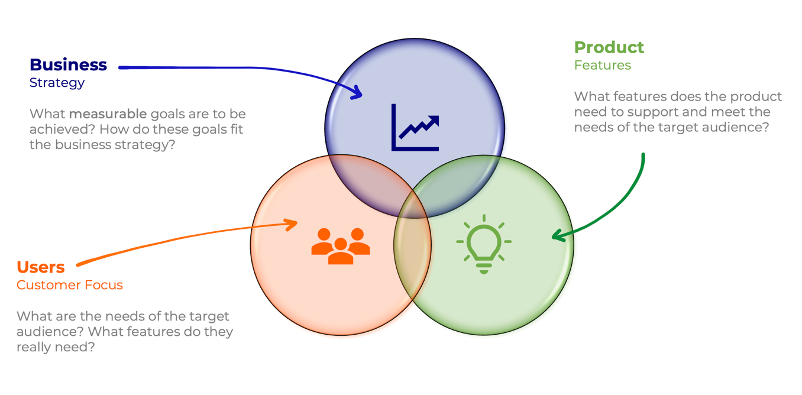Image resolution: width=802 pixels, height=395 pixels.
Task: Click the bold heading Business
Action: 69,65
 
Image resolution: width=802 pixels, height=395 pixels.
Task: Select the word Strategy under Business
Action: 57,83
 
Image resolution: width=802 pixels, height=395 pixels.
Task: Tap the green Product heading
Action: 609,47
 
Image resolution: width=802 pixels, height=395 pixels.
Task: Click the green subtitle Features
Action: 603,65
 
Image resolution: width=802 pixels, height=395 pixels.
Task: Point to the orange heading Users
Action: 40,267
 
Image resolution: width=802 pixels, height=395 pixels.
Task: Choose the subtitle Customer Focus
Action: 70,285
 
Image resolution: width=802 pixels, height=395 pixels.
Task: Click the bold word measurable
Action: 108,114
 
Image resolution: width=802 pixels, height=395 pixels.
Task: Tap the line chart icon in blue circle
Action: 415,128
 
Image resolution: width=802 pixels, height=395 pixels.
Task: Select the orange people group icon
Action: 341,246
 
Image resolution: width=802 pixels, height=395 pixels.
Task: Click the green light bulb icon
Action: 484,244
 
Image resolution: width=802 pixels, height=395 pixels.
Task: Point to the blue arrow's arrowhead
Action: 358,92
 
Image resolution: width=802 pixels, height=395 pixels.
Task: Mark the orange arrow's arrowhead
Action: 292,225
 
